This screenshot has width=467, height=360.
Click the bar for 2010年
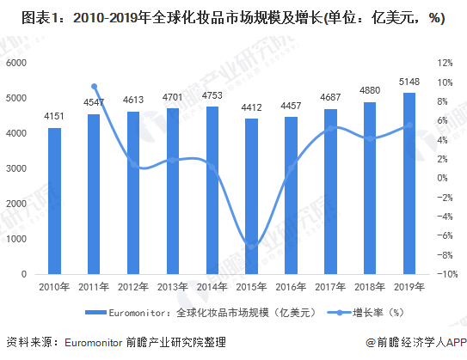[x=54, y=200]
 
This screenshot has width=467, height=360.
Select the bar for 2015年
[x=245, y=196]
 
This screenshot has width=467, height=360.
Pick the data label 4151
[x=54, y=118]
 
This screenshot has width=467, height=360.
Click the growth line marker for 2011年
[x=94, y=87]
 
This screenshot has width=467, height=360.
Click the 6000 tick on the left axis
[x=16, y=64]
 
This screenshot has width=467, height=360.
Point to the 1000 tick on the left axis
[x=16, y=239]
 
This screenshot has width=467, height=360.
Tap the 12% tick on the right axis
[x=445, y=64]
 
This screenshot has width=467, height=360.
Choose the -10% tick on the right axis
[x=445, y=274]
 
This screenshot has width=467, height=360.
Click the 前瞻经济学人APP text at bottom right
[x=415, y=342]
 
